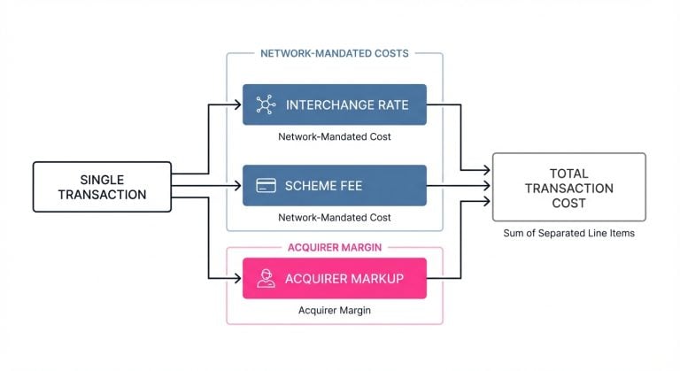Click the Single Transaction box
point(102,186)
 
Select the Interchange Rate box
point(334,104)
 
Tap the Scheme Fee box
point(334,186)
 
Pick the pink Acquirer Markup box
point(334,278)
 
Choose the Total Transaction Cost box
point(568,186)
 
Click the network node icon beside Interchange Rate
point(265,104)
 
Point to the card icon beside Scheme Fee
point(265,186)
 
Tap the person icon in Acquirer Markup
point(265,279)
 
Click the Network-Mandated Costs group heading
point(334,53)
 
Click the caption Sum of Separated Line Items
point(568,233)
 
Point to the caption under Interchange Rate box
point(334,137)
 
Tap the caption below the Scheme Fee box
point(334,218)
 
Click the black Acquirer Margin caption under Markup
point(334,311)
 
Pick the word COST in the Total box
point(568,203)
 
